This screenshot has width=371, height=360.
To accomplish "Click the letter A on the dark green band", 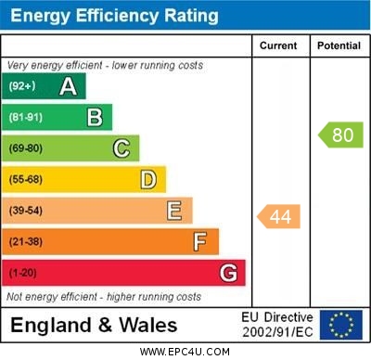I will [68, 86].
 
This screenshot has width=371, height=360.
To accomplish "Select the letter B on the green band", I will [95, 117].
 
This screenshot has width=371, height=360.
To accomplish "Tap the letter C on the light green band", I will [122, 148].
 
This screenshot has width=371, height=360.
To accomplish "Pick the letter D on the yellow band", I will [148, 179].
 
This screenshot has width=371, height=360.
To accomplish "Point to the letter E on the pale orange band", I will [174, 211].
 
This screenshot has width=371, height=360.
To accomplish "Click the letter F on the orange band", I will [200, 242].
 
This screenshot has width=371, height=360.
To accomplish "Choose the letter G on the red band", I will [228, 273].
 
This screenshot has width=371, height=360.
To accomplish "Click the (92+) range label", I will [22, 86].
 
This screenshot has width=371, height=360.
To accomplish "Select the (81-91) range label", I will [26, 118].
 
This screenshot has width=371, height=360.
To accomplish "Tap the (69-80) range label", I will [26, 148].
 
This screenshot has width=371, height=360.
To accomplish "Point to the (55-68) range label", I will [26, 180].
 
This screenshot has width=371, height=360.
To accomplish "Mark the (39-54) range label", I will [26, 211].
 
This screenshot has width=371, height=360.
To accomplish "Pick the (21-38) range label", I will [26, 242].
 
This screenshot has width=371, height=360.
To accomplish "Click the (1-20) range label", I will [23, 274].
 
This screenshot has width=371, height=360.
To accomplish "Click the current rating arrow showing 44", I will [279, 217].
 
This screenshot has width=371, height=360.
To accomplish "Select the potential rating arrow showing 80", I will [340, 135].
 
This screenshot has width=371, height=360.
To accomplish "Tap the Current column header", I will [278, 45].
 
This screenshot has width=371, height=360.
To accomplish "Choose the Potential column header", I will [339, 45].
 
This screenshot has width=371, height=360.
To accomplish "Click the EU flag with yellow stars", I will [340, 325].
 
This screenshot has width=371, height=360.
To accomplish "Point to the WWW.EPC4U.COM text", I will [185, 352].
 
